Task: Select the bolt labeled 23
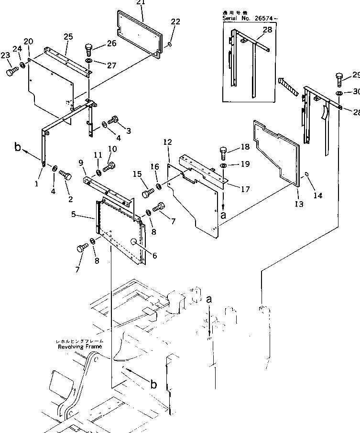[x=11, y=72]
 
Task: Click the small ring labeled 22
[x=170, y=45]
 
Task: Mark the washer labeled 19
[x=224, y=165]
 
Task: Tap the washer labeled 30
[x=339, y=93]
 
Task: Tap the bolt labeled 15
[x=147, y=194]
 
